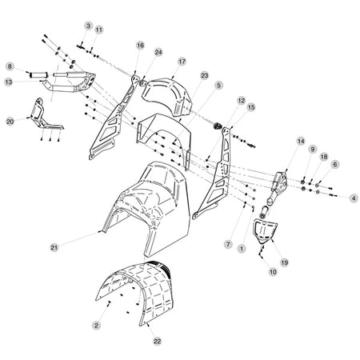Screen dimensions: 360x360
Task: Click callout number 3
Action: [x=88, y=26]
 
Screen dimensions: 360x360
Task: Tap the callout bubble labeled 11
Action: [x=99, y=30]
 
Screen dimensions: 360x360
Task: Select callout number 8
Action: [x=10, y=66]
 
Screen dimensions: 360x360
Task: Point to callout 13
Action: [x=9, y=82]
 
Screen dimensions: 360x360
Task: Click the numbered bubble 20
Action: [x=10, y=122]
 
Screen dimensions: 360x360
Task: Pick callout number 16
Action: [x=140, y=46]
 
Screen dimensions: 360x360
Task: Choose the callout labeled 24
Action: [x=158, y=52]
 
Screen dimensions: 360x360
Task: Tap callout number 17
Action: [x=182, y=62]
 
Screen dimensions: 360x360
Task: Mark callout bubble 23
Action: [x=204, y=76]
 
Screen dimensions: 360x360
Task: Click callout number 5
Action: [x=219, y=86]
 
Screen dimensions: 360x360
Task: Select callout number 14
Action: [x=301, y=141]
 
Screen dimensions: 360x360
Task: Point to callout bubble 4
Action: [x=354, y=198]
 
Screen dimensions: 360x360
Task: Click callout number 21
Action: [x=54, y=247]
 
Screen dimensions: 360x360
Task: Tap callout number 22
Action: [x=158, y=341]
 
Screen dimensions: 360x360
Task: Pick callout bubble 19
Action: [x=285, y=262]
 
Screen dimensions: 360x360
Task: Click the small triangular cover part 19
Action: [x=266, y=230]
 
